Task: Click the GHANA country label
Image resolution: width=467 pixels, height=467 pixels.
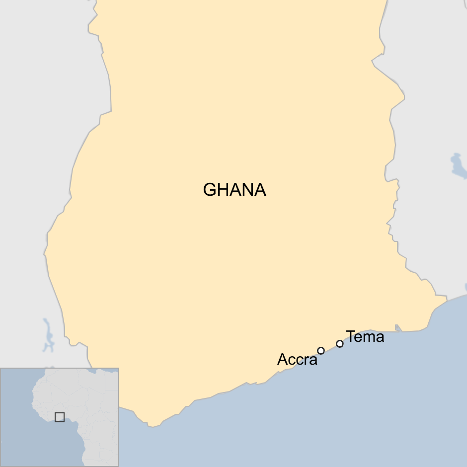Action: pos(234,190)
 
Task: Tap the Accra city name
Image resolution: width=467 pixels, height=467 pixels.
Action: pos(297,360)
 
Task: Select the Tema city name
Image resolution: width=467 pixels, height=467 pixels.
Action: pos(365,337)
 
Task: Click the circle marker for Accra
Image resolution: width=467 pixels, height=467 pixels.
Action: pos(321,351)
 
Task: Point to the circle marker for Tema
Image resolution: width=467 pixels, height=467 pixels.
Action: pos(340,344)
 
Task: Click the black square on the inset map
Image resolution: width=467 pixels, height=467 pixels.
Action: pos(60,417)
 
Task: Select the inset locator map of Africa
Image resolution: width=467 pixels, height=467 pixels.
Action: pos(60,417)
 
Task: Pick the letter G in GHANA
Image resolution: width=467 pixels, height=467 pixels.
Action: pos(210,190)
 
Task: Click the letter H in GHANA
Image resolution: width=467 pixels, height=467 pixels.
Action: pos(223,190)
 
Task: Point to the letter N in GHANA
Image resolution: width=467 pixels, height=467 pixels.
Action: pos(247,190)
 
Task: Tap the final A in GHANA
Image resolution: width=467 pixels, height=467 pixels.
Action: pos(260,190)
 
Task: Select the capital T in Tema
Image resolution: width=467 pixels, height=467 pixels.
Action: pos(351,337)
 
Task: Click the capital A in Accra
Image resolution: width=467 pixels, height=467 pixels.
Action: pos(282,360)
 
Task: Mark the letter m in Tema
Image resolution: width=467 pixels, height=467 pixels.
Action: pos(370,338)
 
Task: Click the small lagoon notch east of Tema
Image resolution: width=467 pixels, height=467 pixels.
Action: pos(397,327)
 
